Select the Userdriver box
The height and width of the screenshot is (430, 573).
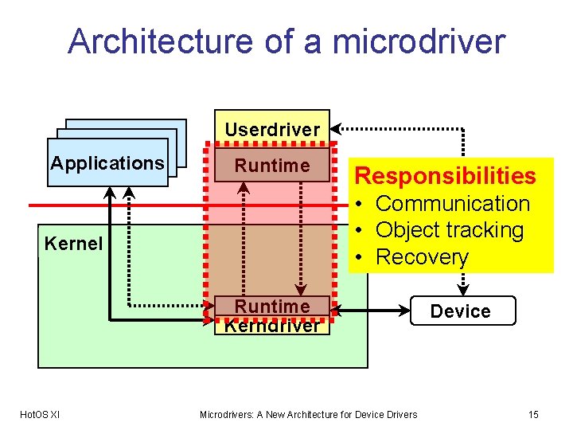[x=272, y=129]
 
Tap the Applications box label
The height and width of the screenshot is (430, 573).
[x=107, y=163]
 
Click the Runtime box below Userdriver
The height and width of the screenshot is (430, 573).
[x=272, y=166]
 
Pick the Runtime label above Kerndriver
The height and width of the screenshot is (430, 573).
[x=272, y=307]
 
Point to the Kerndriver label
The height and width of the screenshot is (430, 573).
[x=272, y=325]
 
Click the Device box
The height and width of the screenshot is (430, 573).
[x=462, y=311]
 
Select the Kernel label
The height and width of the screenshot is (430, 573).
[x=73, y=244]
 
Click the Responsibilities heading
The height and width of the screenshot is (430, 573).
[x=445, y=175]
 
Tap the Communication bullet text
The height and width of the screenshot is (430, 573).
[x=452, y=204]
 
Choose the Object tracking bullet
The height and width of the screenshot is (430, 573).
[x=450, y=230]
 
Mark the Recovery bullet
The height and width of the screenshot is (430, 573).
[x=423, y=257]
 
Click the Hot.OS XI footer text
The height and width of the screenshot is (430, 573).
[x=40, y=414]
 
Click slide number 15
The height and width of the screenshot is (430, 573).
[x=533, y=414]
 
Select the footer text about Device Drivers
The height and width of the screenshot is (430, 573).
[x=308, y=414]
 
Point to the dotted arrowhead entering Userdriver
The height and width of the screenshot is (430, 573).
[x=336, y=127]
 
